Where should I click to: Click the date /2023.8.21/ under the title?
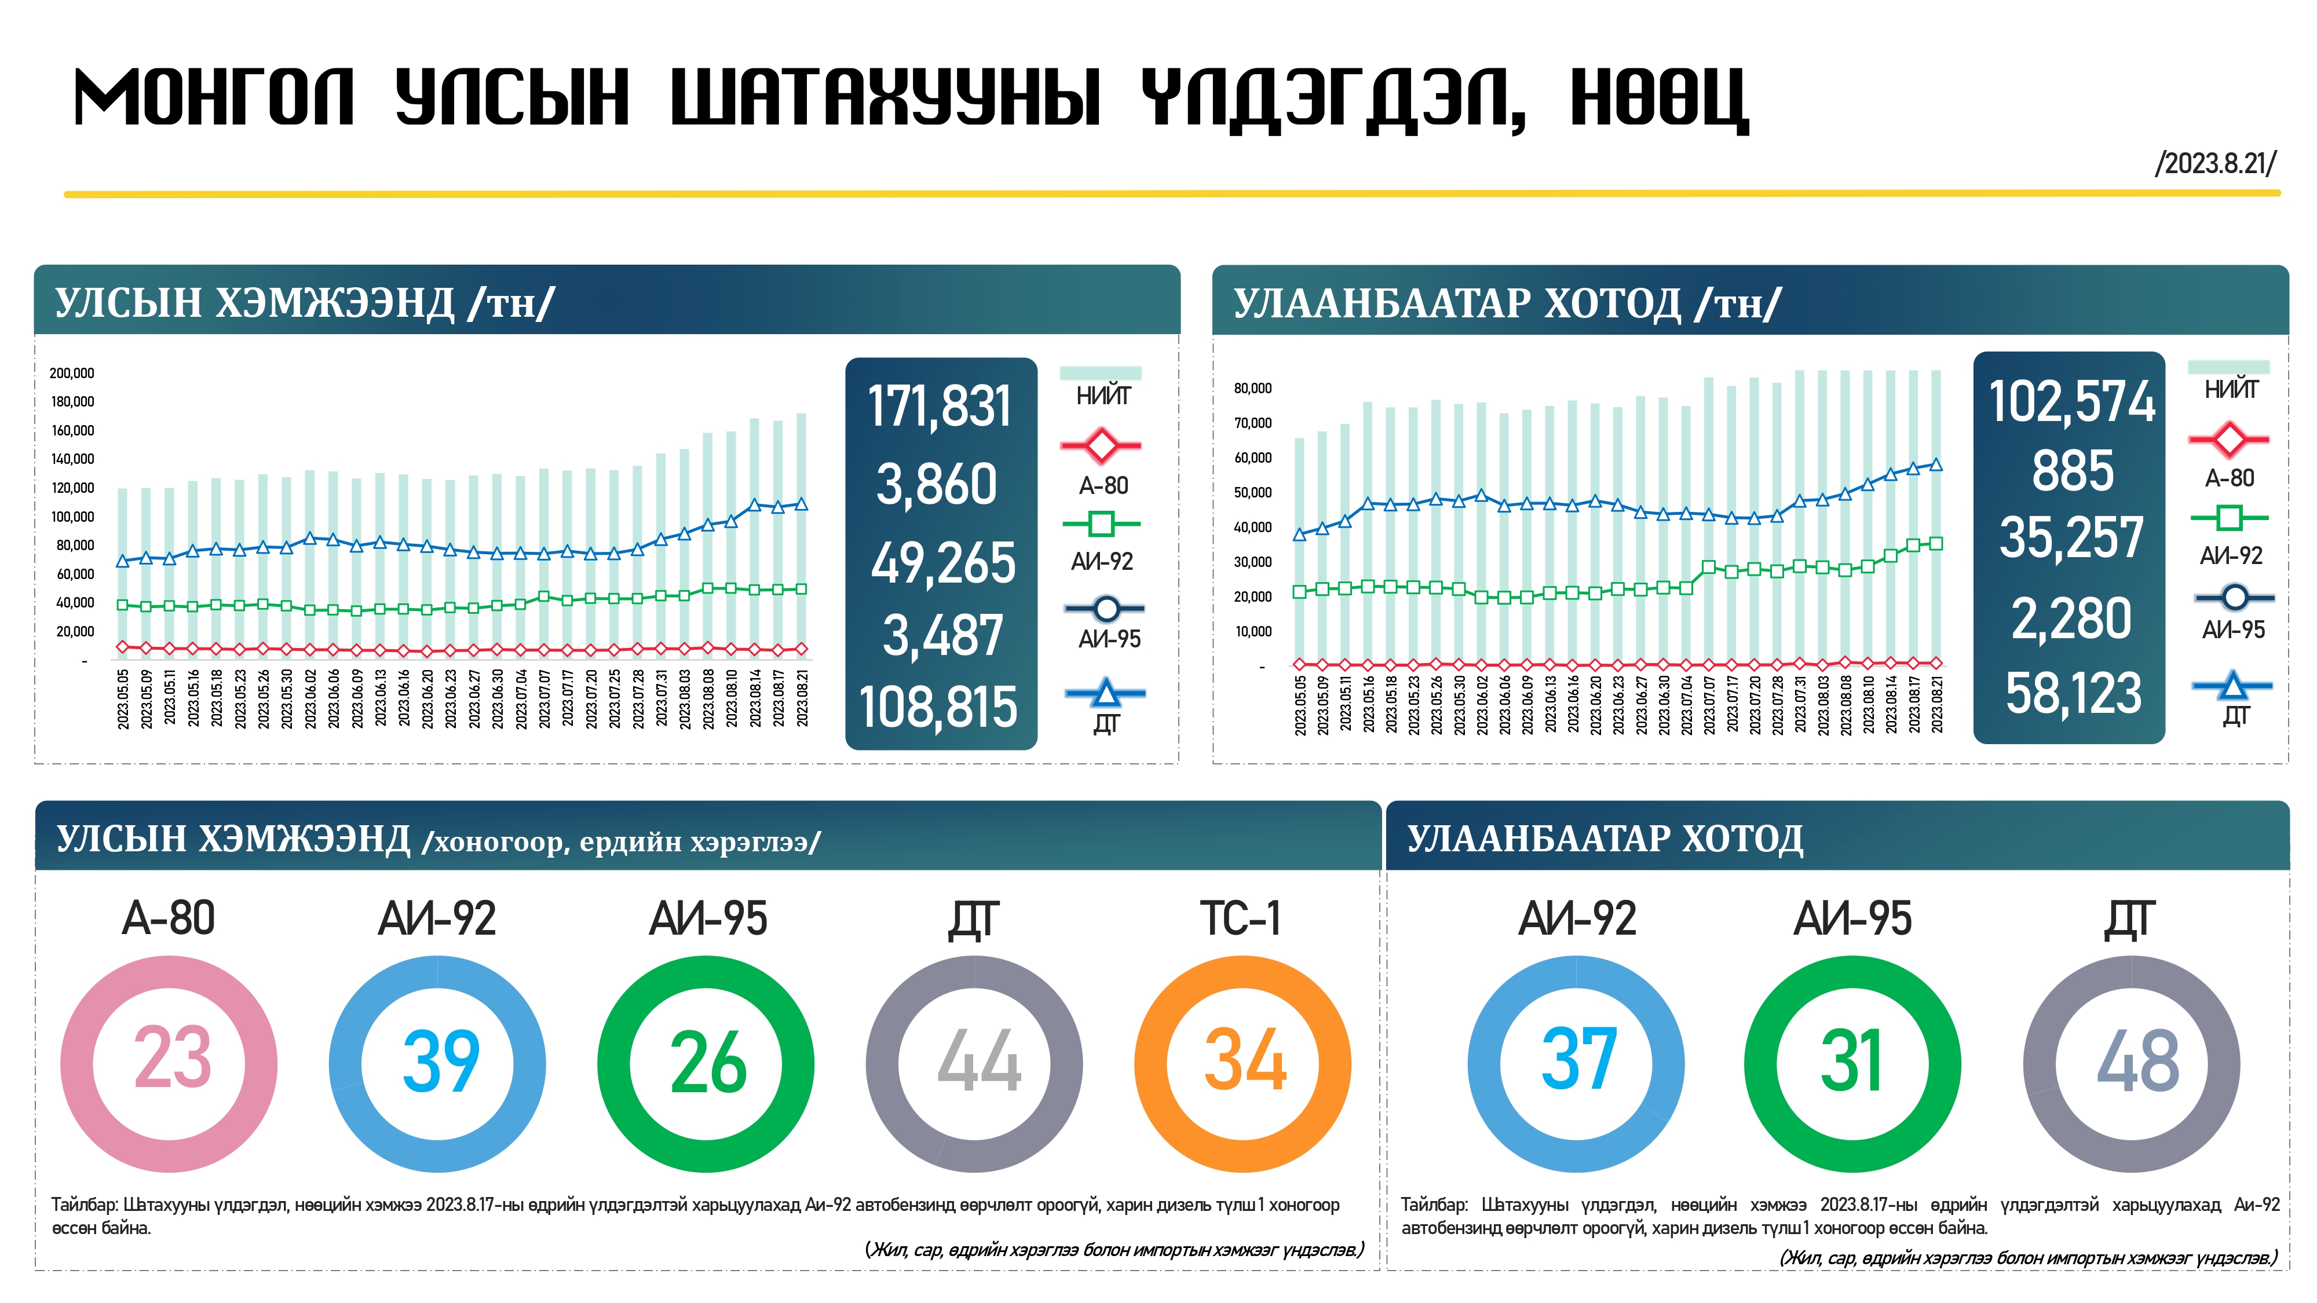pos(2214,164)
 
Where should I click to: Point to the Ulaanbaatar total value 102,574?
pos(2071,401)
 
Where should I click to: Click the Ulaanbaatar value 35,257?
pos(2071,538)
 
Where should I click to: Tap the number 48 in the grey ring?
pos(2137,1062)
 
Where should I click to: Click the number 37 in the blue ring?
pos(1578,1061)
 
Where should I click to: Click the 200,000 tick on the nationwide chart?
pos(72,373)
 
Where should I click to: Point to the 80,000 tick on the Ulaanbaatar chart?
pos(1253,389)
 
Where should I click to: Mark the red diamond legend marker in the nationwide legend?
pos(1101,445)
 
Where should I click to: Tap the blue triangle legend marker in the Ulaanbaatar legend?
pos(2232,686)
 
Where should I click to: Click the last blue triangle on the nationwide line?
pos(802,504)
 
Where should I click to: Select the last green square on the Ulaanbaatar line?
pos(1936,543)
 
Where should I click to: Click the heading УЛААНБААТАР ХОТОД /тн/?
pos(1507,303)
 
